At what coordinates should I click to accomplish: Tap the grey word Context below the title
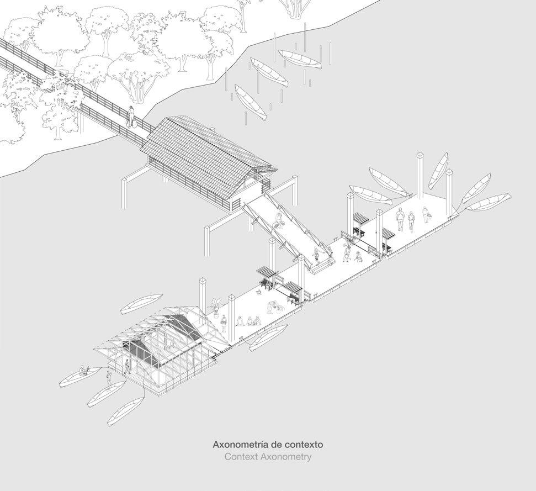pyautogui.click(x=241, y=457)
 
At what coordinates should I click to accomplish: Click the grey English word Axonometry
pyautogui.click(x=287, y=457)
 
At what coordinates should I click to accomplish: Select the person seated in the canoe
pyautogui.click(x=83, y=369)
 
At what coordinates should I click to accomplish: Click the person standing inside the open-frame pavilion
pyautogui.click(x=128, y=365)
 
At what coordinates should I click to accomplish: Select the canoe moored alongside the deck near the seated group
pyautogui.click(x=269, y=336)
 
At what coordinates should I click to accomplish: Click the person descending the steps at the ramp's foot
pyautogui.click(x=316, y=255)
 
